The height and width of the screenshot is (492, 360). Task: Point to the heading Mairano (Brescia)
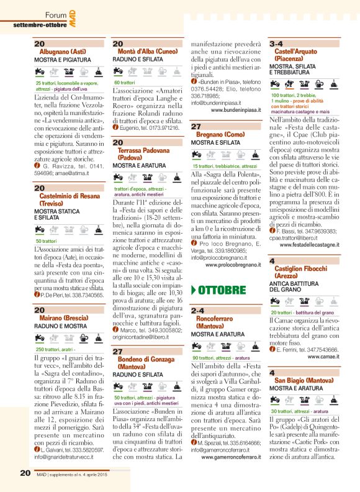61,317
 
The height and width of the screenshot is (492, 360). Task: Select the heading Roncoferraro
218,318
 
